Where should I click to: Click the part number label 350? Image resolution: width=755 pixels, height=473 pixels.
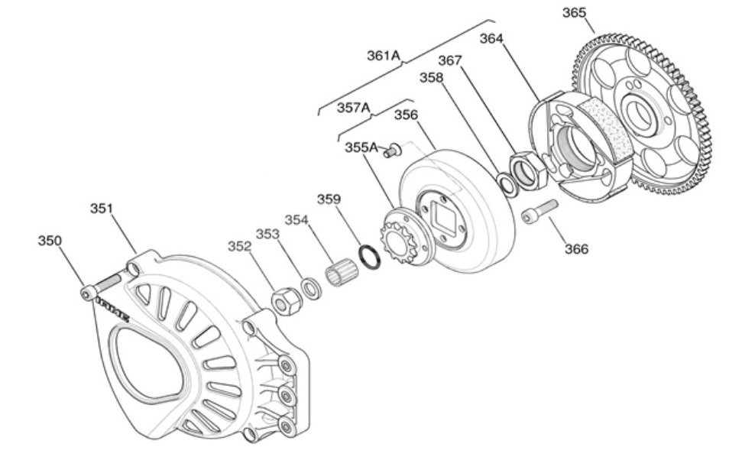point(50,241)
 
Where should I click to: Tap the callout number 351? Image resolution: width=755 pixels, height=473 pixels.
point(102,208)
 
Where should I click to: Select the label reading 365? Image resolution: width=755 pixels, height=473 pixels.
point(575,13)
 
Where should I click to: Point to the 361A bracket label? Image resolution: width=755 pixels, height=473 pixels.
point(384,55)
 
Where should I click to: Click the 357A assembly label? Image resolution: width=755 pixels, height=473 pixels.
point(354,108)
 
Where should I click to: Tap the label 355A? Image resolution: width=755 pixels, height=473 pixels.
point(361,147)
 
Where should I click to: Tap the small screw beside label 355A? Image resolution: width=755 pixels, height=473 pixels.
point(394,151)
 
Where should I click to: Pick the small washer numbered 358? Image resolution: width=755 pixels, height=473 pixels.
point(506,184)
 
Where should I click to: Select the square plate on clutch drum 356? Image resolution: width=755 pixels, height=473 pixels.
point(444,218)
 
